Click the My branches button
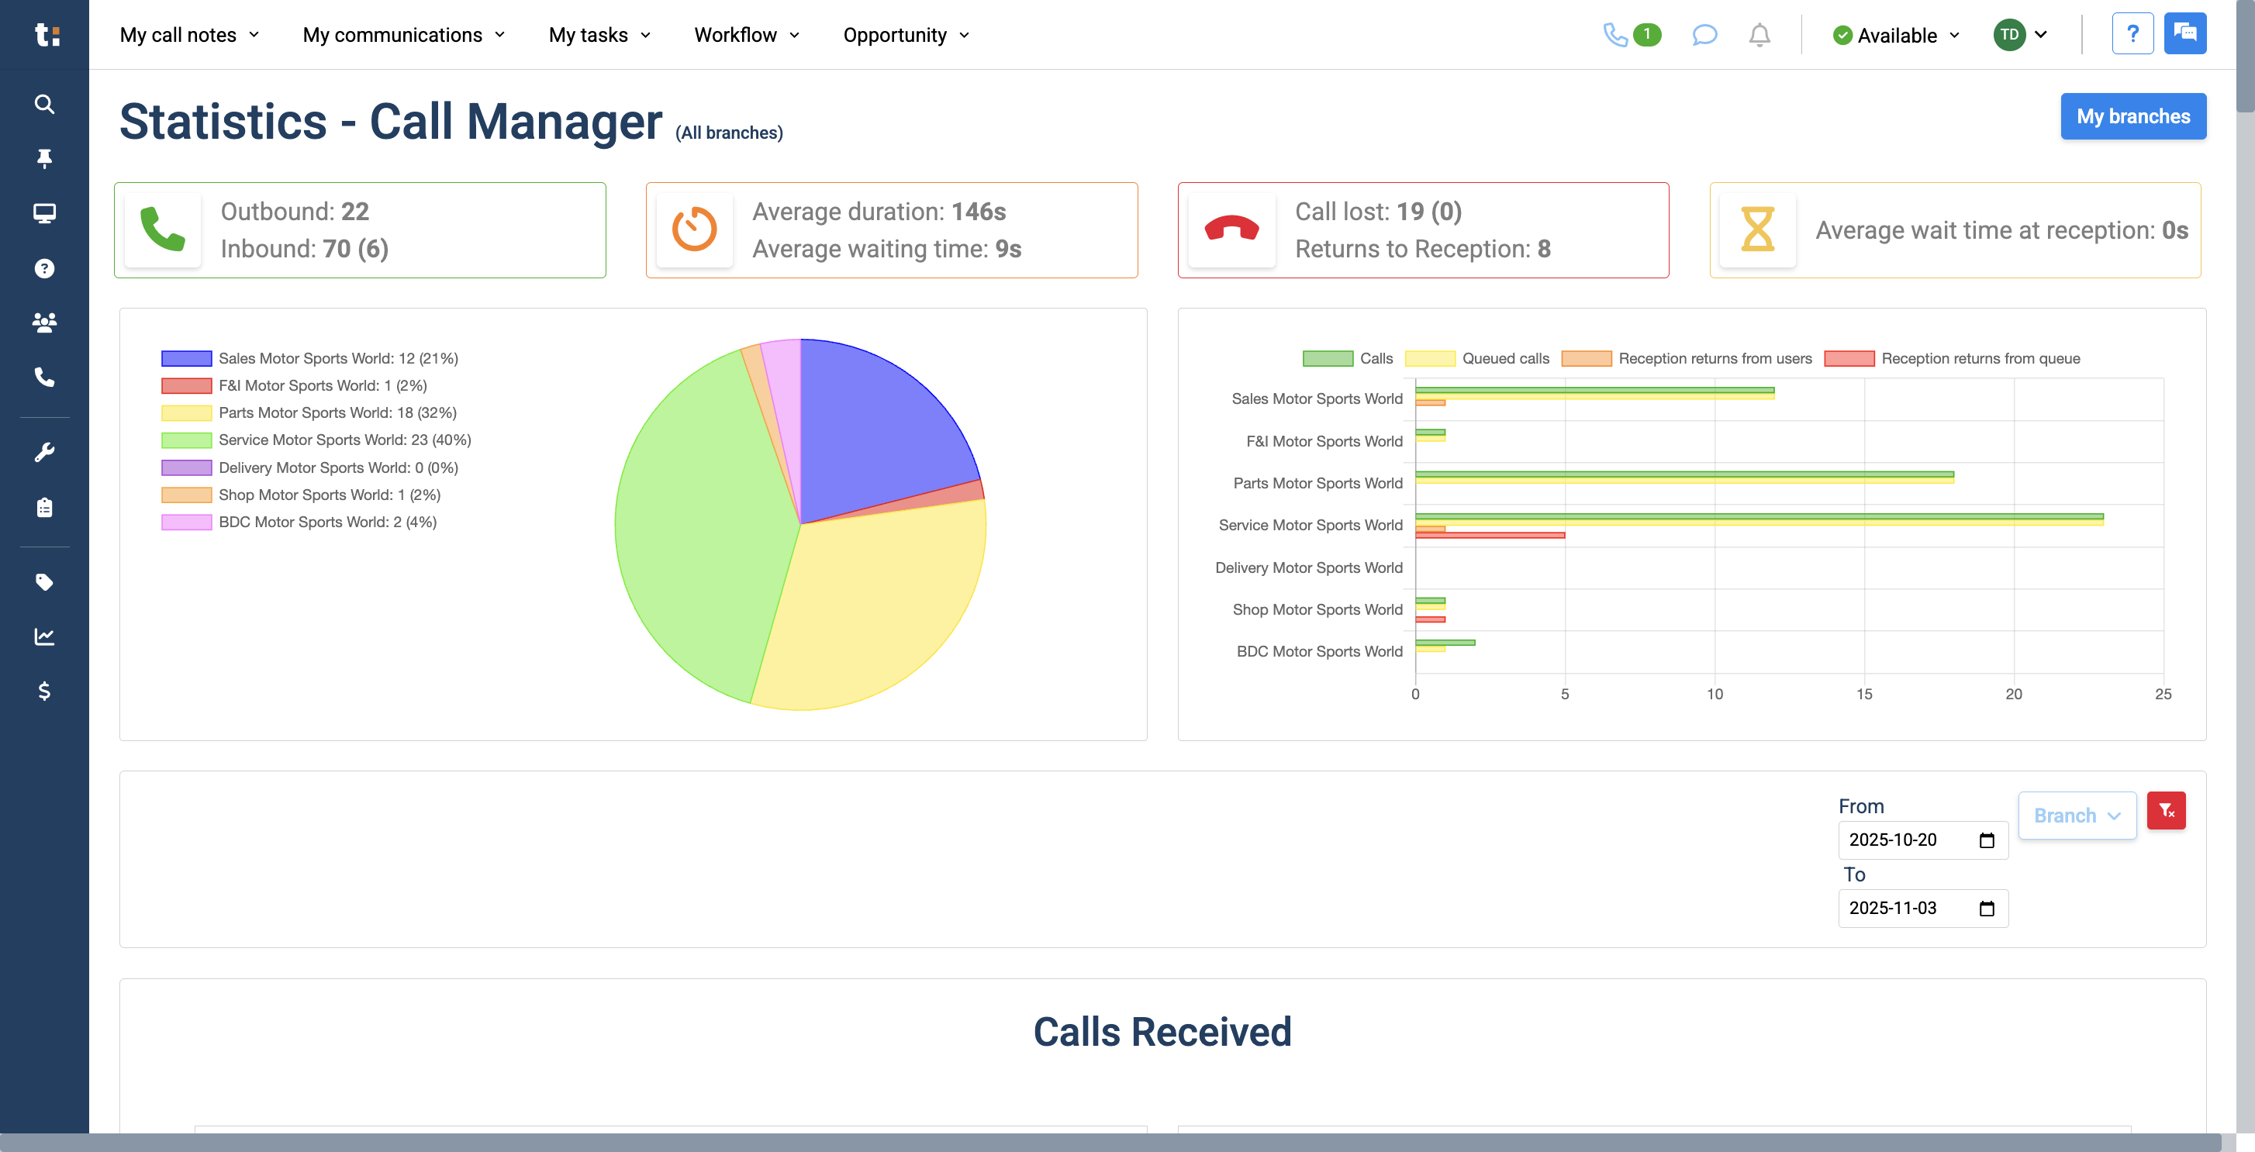[2132, 116]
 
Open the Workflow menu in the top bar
[746, 35]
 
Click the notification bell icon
[1759, 35]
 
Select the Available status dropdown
[1896, 35]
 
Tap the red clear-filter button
[2166, 811]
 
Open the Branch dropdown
[2077, 816]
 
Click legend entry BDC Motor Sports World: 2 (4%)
[326, 523]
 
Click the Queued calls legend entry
[1478, 359]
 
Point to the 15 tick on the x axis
[1863, 694]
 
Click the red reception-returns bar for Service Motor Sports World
[1489, 536]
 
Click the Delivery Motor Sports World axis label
[1308, 568]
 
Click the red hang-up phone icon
[1231, 230]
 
